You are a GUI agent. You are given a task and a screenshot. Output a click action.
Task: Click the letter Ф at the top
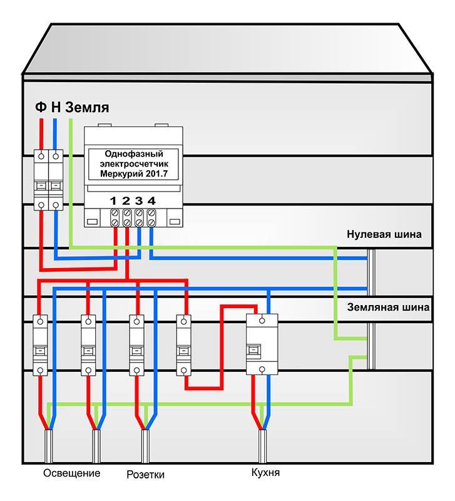41,106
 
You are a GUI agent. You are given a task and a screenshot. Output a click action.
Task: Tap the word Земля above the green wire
87,107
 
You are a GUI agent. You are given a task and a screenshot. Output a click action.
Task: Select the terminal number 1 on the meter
113,200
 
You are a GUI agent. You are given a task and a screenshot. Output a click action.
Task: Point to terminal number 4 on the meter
151,200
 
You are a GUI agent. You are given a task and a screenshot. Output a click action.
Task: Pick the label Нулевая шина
384,234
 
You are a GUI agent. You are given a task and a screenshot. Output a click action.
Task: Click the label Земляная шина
388,307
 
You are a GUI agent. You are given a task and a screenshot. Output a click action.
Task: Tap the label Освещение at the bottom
72,473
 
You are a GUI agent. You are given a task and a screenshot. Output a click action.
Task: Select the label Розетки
146,475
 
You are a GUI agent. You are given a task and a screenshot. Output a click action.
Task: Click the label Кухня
265,473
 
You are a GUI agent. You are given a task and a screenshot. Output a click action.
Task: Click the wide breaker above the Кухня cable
262,344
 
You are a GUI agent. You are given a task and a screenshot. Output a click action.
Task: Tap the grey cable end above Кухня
262,446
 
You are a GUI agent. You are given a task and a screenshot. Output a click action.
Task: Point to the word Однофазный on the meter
134,154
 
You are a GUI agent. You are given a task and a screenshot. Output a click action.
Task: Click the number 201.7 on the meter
156,174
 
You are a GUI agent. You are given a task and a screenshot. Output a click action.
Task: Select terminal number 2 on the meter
126,200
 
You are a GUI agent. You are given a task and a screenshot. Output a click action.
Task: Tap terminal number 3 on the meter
138,200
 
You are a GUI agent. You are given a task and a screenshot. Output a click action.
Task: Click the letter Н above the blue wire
56,107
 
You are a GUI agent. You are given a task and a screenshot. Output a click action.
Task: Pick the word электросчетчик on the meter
134,164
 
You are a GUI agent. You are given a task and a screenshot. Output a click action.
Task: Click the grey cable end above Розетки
145,446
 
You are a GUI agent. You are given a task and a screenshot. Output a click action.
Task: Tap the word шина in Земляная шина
415,307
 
